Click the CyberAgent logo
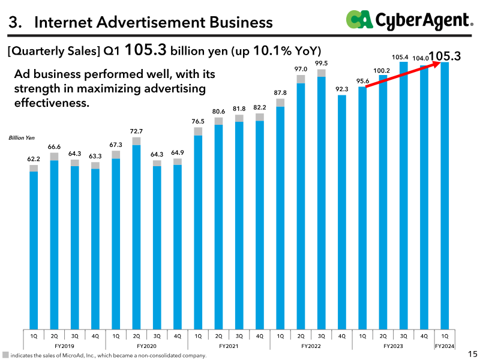410,20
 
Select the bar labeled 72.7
137,233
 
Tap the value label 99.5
322,64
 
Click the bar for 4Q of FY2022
342,212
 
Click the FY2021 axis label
229,346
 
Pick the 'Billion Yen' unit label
22,138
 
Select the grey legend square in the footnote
5,355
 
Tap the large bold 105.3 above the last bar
445,56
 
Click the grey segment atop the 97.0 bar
301,79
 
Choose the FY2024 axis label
445,346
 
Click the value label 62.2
34,159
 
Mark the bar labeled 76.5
198,229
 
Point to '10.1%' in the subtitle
272,51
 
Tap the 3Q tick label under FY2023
403,336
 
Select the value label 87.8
280,92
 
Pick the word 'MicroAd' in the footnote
73,355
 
